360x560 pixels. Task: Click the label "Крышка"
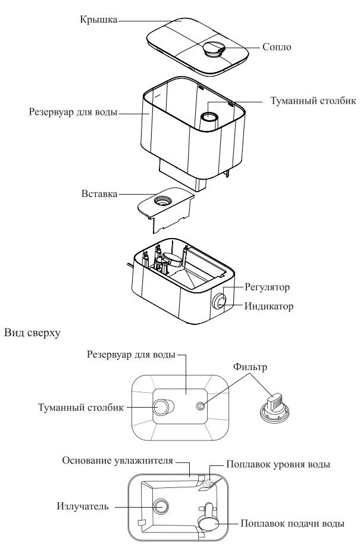click(98, 19)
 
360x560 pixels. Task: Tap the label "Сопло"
click(277, 46)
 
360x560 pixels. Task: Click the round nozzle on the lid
click(212, 49)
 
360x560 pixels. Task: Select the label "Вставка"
click(99, 194)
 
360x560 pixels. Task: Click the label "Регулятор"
click(267, 287)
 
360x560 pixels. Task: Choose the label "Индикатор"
click(268, 306)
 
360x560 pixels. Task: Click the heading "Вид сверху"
click(32, 334)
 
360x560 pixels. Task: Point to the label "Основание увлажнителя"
click(118, 461)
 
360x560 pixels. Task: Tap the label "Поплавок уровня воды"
click(278, 464)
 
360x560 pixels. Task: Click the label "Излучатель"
click(83, 506)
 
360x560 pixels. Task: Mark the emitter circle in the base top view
click(161, 506)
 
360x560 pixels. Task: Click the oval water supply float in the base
click(209, 523)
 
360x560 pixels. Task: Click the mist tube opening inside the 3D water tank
click(210, 112)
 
